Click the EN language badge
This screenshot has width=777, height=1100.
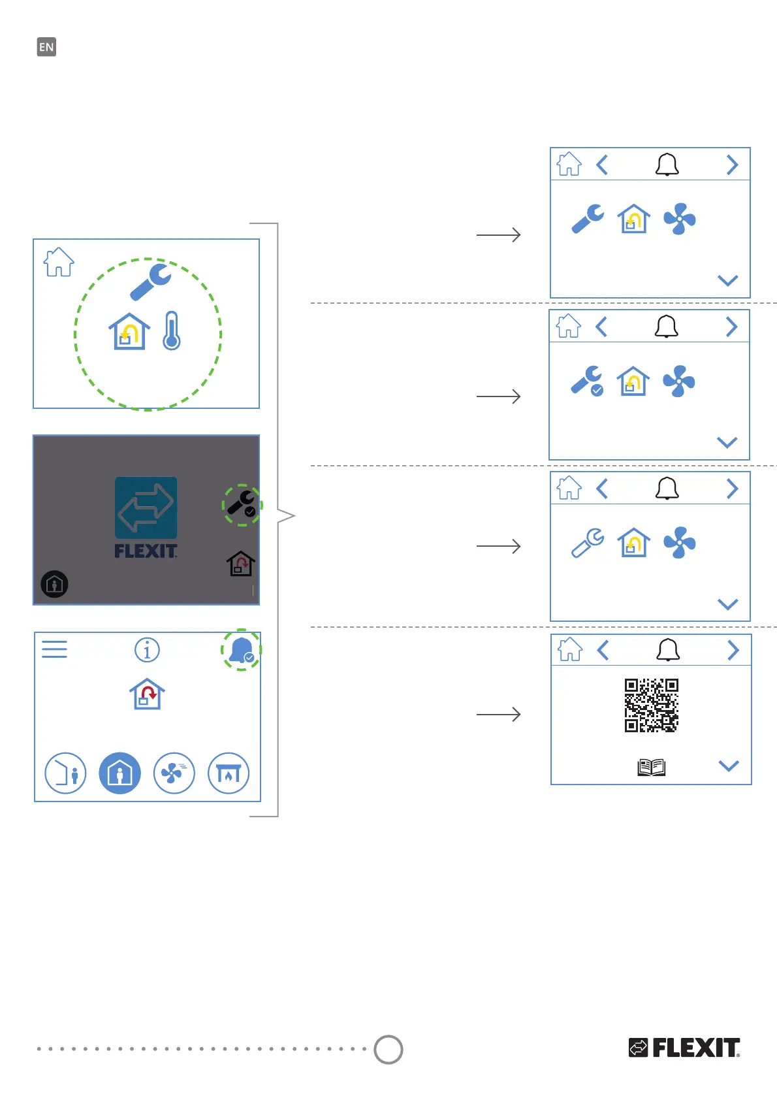[x=46, y=47]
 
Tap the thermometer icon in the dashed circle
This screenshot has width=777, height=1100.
[x=172, y=331]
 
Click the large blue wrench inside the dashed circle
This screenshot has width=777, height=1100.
[x=151, y=282]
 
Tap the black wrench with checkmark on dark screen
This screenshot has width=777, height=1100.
[x=242, y=504]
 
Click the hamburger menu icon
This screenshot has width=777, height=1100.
[x=54, y=649]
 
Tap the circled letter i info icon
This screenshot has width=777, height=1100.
[x=147, y=650]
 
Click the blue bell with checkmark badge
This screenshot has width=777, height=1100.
[x=242, y=650]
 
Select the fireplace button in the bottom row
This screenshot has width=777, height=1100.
[x=229, y=773]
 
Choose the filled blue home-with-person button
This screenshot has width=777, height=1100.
[x=119, y=773]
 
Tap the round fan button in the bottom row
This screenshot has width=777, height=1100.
[x=174, y=773]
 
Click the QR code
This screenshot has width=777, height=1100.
[x=651, y=705]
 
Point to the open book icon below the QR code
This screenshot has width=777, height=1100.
[x=651, y=767]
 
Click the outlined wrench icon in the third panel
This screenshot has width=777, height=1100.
[x=588, y=543]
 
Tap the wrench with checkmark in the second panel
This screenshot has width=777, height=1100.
[x=588, y=381]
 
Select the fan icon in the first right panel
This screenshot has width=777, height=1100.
[x=680, y=219]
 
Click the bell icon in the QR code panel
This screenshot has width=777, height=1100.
[x=668, y=650]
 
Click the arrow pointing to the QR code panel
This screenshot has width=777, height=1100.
[x=498, y=715]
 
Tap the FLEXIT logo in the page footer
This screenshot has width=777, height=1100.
[x=684, y=1048]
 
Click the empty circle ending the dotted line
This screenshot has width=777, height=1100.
[x=388, y=1050]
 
